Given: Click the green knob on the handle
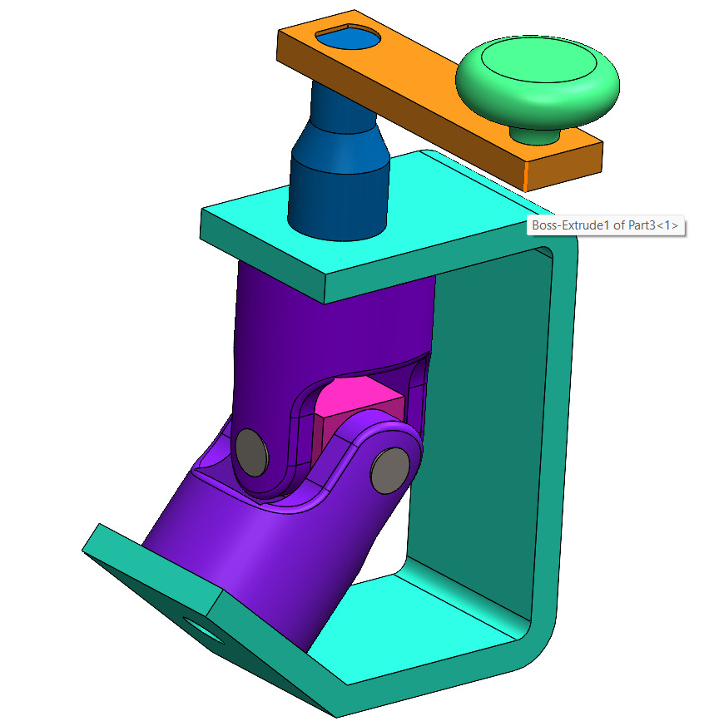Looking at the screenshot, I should coord(538,79).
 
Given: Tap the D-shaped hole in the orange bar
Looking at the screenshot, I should coord(348,37).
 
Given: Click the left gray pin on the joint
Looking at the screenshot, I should coord(251,452).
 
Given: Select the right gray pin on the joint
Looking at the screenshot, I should coord(388,470).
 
